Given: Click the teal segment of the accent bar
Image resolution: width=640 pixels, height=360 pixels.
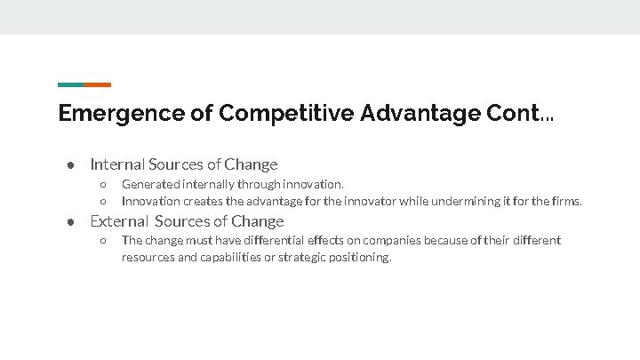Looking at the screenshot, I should (x=71, y=85).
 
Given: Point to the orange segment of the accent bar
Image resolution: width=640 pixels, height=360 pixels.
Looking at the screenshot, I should (x=98, y=85).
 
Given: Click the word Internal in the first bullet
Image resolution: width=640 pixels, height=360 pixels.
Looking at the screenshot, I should (x=117, y=164).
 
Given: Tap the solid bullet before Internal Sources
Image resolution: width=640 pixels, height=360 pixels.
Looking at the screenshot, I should (x=68, y=165).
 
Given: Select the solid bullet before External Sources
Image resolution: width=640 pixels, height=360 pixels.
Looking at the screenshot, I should (x=68, y=222).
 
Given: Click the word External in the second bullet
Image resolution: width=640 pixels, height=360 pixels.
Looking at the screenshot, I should (x=118, y=221).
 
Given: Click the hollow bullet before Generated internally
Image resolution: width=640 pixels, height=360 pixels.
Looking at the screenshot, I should (x=103, y=185).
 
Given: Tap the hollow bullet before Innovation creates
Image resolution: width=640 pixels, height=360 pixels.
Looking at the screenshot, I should (x=103, y=202).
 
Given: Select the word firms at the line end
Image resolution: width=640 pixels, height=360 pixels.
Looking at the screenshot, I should (x=566, y=201).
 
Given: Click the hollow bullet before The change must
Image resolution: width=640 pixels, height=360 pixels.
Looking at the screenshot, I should (x=103, y=240).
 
